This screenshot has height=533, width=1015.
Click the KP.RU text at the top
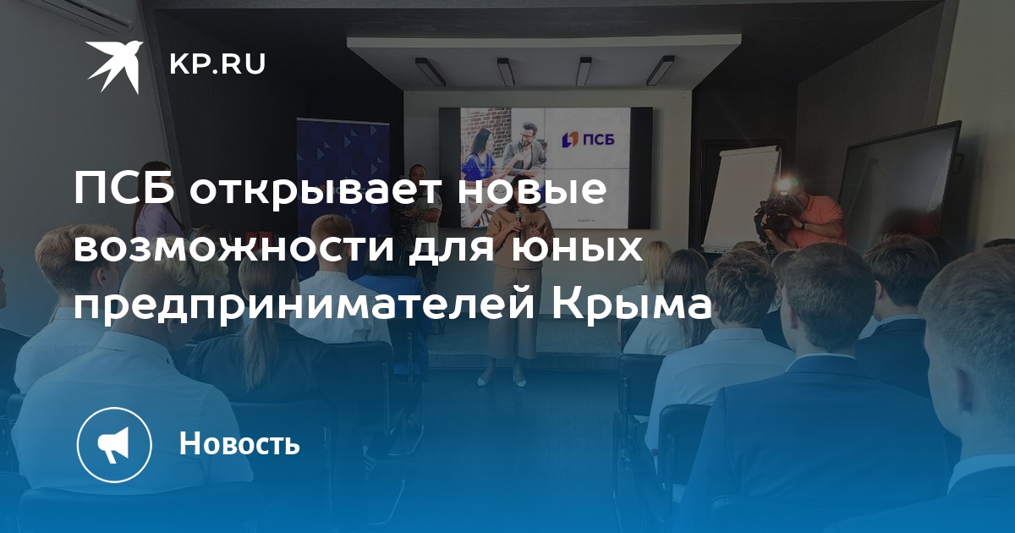(x=217, y=64)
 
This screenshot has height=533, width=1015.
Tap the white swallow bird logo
(x=114, y=67)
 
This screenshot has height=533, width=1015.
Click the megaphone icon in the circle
(x=113, y=444)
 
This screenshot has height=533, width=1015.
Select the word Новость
(x=239, y=442)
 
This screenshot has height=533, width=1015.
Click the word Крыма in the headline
(x=631, y=305)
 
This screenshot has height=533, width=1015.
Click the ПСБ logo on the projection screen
(x=588, y=139)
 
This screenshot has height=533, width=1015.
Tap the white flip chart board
(x=740, y=196)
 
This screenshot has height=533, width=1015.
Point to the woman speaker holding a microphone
(x=518, y=290)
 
